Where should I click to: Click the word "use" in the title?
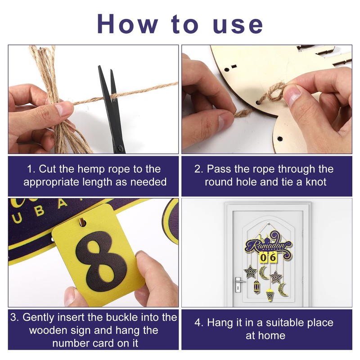pos(238,25)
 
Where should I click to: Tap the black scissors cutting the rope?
pos(112,108)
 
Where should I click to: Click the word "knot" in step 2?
pos(316,182)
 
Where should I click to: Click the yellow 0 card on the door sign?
pos(264,257)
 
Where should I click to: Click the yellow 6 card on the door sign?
pos(273,257)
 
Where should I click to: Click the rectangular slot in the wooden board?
pos(234,67)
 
